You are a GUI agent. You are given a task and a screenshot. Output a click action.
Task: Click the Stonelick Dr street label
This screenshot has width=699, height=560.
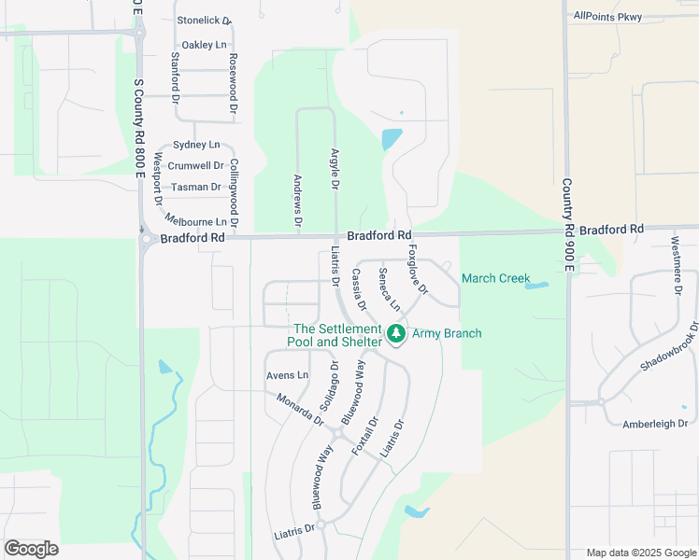click(204, 20)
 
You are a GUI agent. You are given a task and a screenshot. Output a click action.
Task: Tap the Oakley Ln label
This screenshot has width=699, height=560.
click(204, 44)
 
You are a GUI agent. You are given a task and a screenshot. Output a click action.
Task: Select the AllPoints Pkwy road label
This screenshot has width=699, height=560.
click(609, 15)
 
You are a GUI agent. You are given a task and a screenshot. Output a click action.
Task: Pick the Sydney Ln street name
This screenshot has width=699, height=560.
click(196, 145)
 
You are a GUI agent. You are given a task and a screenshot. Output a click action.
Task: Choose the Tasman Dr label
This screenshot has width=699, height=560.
click(196, 187)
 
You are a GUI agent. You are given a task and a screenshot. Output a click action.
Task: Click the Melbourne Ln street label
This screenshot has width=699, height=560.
click(195, 221)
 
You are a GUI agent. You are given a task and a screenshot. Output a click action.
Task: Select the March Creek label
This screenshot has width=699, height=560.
click(495, 278)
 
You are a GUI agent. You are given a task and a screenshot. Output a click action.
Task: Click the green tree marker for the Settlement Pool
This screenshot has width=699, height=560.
click(396, 333)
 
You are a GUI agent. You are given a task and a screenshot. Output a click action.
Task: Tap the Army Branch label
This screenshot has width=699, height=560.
click(448, 333)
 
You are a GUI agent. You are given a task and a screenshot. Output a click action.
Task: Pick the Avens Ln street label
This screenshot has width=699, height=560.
click(287, 375)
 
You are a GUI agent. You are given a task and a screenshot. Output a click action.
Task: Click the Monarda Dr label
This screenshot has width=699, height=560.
click(299, 410)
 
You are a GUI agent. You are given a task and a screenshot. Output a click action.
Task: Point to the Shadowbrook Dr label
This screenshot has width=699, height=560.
click(670, 348)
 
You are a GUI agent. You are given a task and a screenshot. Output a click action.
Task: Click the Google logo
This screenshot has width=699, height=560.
click(31, 549)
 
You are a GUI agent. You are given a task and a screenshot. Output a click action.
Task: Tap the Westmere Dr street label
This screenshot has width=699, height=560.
click(677, 263)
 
